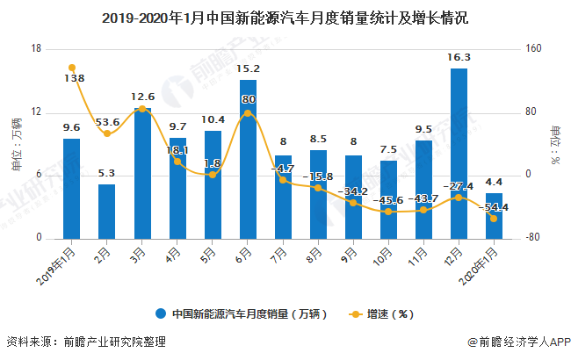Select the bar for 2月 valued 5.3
pyautogui.click(x=106, y=211)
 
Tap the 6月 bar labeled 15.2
pyautogui.click(x=248, y=159)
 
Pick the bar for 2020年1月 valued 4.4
pyautogui.click(x=494, y=215)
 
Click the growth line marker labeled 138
pyautogui.click(x=71, y=68)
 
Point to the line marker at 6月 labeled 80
pyautogui.click(x=248, y=113)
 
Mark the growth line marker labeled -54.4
pyautogui.click(x=494, y=219)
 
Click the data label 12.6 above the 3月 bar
pyautogui.click(x=142, y=97)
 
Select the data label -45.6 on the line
pyautogui.click(x=388, y=200)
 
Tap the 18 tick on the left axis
pyautogui.click(x=37, y=49)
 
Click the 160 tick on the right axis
pyautogui.click(x=532, y=49)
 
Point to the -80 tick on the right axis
pyautogui.click(x=532, y=238)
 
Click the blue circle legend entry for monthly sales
pyautogui.click(x=162, y=313)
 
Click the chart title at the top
pyautogui.click(x=285, y=17)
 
